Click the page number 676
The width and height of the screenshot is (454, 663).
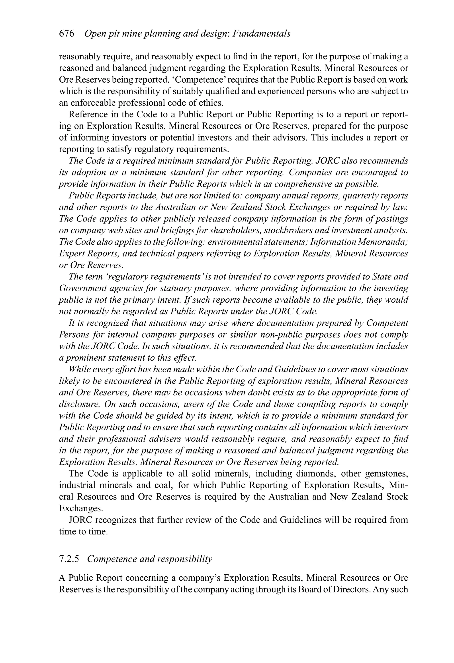(x=67, y=34)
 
